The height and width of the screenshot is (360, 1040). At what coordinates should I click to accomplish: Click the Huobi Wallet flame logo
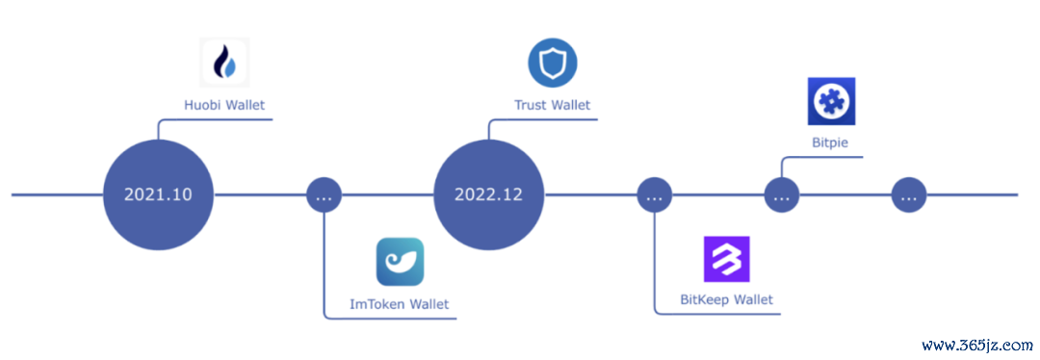click(x=224, y=64)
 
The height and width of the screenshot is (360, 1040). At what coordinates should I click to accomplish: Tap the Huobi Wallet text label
click(x=224, y=105)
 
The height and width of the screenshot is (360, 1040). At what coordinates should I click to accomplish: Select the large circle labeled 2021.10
click(x=158, y=194)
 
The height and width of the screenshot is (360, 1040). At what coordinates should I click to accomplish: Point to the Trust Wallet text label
click(x=552, y=105)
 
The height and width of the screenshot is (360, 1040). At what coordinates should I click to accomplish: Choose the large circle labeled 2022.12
click(x=488, y=194)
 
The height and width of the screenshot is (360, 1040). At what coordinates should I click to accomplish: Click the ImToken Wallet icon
click(x=400, y=262)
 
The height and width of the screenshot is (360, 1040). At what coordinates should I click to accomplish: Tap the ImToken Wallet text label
click(x=400, y=304)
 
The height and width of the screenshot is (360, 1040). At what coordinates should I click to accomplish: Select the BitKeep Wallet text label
click(x=727, y=300)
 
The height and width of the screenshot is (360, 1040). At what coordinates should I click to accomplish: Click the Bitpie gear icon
click(x=831, y=101)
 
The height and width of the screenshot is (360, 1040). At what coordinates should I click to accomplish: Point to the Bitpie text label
click(x=830, y=143)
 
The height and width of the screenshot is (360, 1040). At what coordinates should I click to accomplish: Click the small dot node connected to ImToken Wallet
click(x=324, y=195)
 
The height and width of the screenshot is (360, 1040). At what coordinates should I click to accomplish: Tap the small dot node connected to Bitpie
click(x=781, y=195)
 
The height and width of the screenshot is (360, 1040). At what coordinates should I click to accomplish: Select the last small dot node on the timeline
click(x=908, y=195)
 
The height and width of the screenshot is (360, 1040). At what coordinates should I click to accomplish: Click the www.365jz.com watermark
click(x=976, y=345)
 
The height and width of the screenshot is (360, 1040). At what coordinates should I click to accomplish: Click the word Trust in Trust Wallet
click(x=530, y=105)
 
